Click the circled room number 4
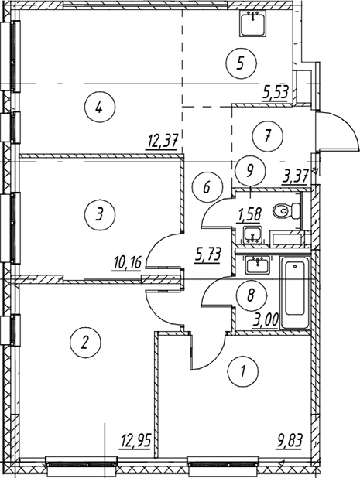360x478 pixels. coord(100,107)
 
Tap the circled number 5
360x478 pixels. coord(241,63)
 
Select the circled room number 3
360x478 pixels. coord(100,215)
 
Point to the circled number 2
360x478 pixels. coord(85,342)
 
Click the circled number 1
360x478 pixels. coord(243,371)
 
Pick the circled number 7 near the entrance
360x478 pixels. coord(268,135)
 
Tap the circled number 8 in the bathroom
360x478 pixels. coord(251,295)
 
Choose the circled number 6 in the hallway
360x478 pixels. coord(207,187)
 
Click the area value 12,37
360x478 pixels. coord(161,142)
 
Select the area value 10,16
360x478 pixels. coord(127,264)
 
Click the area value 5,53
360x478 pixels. coord(275,91)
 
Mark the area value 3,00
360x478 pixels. coord(266,322)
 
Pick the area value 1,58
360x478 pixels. coord(250,214)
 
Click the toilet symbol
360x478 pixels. coord(286,210)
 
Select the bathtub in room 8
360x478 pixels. coord(295,293)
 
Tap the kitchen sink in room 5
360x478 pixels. coord(252,24)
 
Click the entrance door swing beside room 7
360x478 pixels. coord(337,131)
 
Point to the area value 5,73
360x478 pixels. coord(207,254)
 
